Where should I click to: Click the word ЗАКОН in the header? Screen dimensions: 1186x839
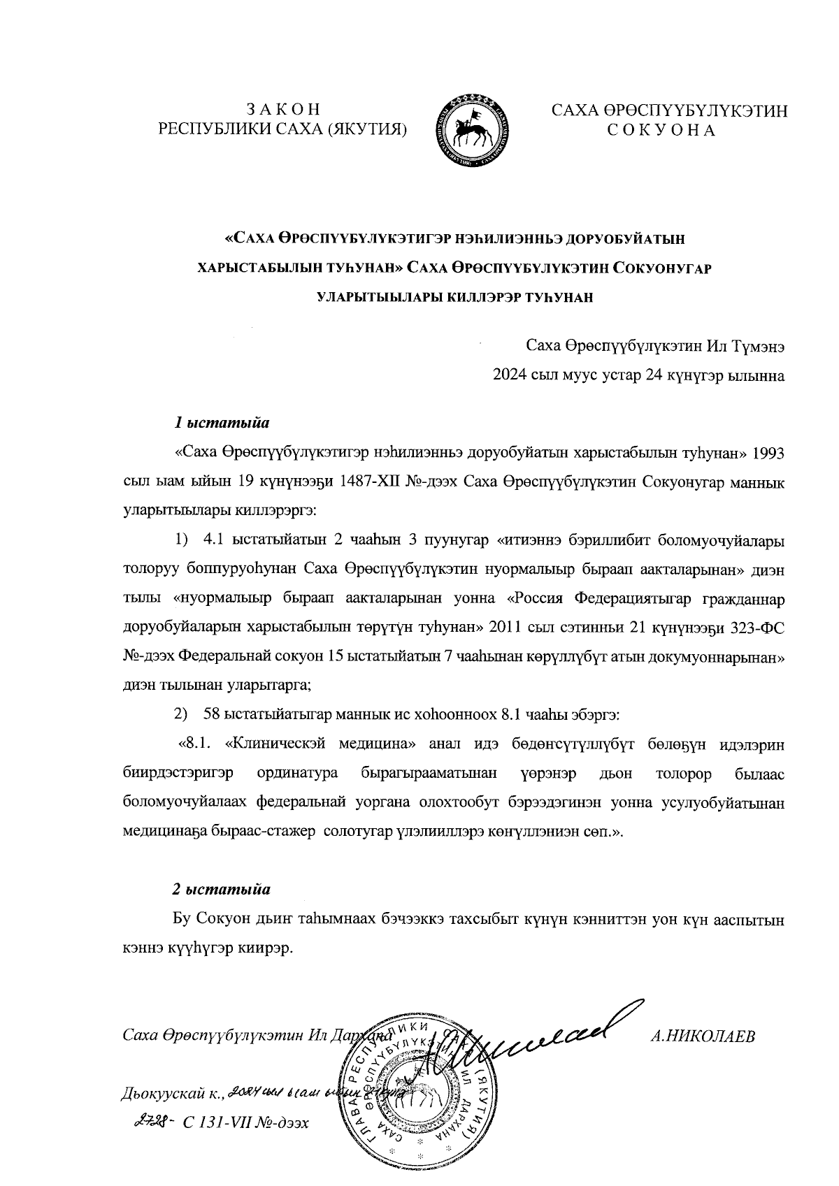(283, 109)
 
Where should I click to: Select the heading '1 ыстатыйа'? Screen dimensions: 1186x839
(222, 423)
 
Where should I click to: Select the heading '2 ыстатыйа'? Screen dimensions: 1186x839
(222, 890)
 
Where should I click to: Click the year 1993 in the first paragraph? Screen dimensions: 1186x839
(768, 452)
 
